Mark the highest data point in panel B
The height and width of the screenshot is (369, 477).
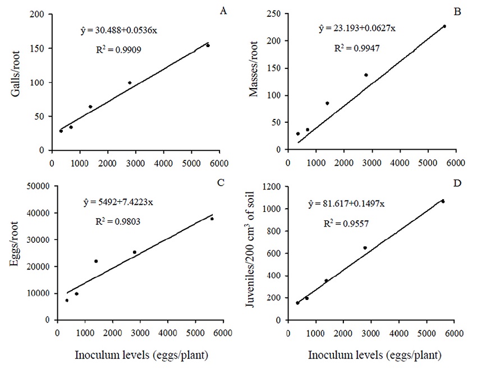(x=444, y=26)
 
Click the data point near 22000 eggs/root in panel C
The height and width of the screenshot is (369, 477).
(x=96, y=261)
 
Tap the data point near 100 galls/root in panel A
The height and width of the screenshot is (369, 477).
(x=130, y=83)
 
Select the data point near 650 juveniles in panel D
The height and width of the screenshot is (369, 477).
(x=365, y=248)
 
